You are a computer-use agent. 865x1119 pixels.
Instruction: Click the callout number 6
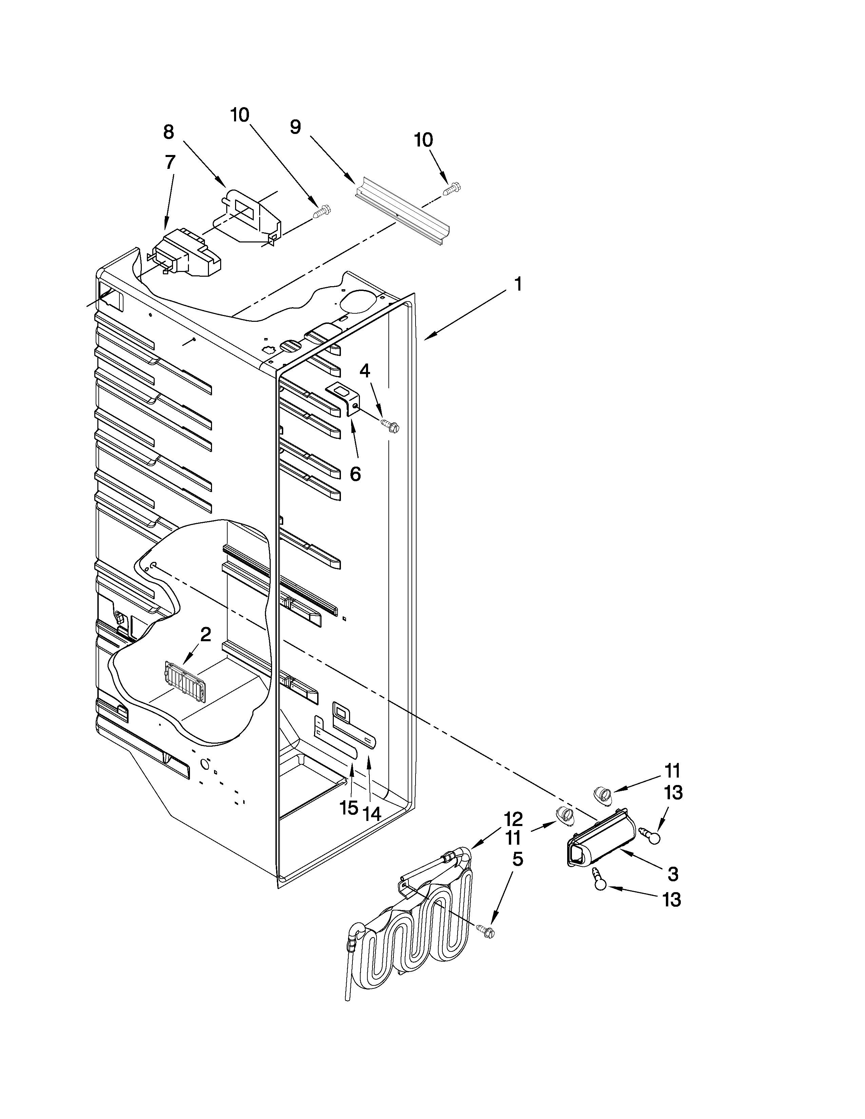click(355, 474)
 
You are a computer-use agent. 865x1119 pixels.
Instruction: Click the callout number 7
click(170, 162)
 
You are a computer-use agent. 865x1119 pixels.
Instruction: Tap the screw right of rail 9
click(452, 189)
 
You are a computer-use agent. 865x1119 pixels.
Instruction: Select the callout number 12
click(513, 819)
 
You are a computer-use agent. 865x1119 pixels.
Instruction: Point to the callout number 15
click(349, 808)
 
